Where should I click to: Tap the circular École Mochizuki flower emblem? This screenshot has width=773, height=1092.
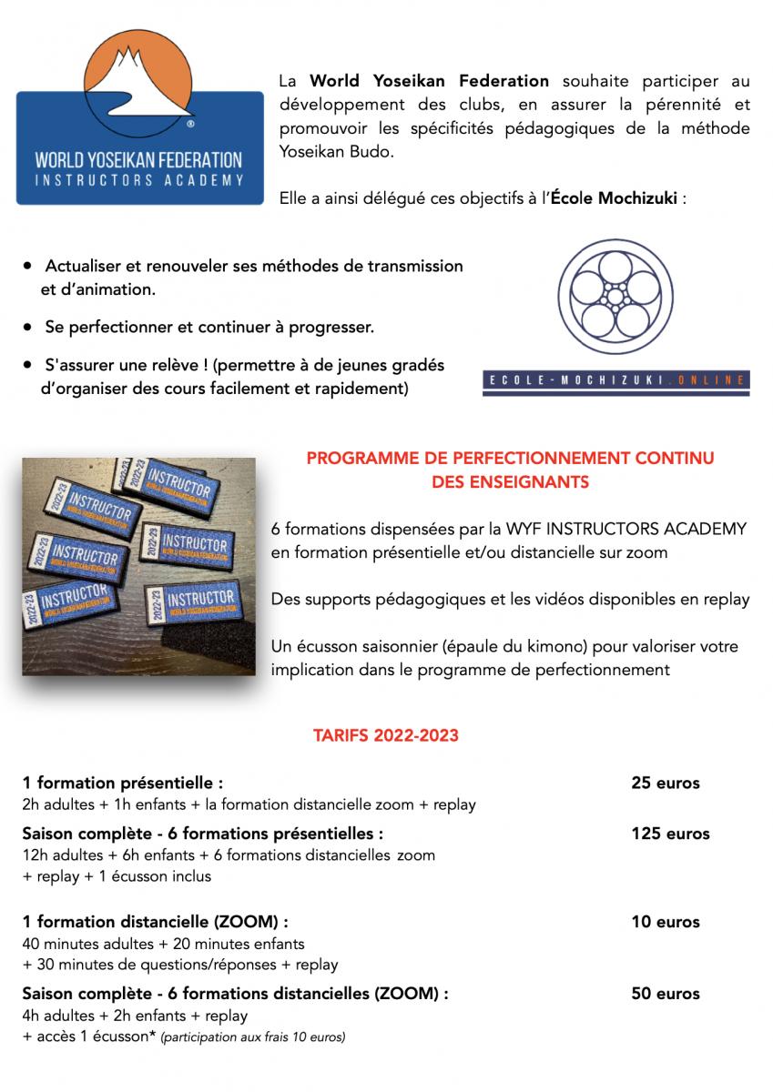(615, 298)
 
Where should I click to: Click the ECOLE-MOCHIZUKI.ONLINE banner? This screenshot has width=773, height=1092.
(615, 381)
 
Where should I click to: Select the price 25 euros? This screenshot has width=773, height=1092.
(665, 783)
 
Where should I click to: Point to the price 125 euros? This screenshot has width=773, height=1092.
(670, 833)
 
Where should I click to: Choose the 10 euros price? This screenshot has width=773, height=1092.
(665, 922)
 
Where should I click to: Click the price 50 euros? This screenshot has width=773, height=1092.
(665, 993)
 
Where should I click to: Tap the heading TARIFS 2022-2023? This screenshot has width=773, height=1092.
(386, 735)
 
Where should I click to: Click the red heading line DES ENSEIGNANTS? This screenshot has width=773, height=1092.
(510, 482)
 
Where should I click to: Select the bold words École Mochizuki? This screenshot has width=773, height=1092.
(615, 199)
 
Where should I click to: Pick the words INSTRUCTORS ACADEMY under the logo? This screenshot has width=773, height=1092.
(139, 181)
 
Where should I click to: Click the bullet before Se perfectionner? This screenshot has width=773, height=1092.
(31, 325)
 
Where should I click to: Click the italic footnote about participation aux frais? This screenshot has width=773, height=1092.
(252, 1036)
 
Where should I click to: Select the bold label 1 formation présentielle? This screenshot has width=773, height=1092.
(123, 783)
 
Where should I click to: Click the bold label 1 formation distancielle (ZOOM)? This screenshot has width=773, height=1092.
(156, 922)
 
